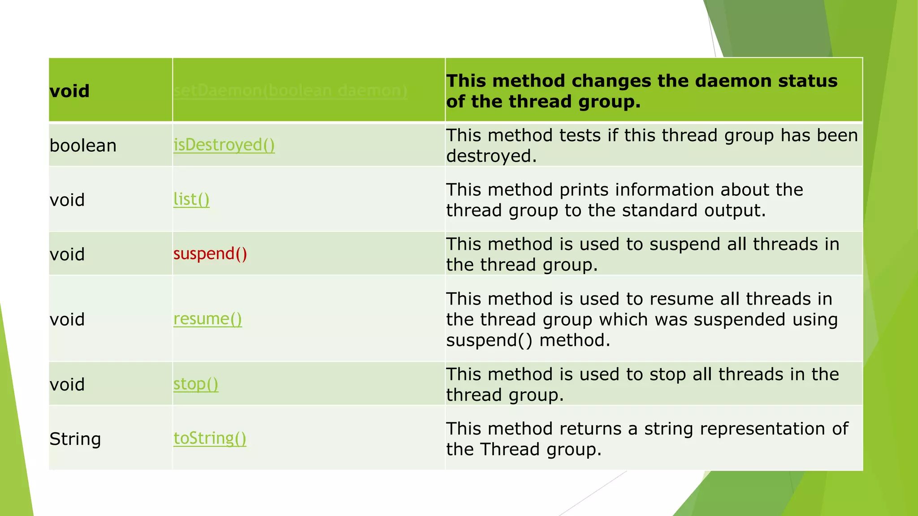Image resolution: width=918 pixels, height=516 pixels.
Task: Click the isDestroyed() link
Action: [224, 145]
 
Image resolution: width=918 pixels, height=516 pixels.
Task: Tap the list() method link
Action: [191, 199]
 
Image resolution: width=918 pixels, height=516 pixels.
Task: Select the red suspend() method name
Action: [210, 254]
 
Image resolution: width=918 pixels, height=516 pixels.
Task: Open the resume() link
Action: [208, 319]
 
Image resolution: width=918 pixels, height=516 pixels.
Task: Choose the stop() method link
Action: [196, 384]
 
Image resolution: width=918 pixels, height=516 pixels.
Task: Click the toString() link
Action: [210, 438]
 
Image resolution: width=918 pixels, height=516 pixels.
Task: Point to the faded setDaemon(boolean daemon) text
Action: [290, 90]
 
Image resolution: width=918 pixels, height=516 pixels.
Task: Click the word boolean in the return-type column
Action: [83, 146]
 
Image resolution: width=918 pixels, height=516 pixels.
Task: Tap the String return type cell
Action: [75, 439]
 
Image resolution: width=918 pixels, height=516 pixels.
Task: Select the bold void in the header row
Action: [69, 91]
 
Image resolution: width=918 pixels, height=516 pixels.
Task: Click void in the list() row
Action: [67, 200]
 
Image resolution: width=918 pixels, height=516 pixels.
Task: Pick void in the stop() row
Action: [67, 384]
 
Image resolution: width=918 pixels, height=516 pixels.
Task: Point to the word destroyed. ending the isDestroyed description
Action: [491, 156]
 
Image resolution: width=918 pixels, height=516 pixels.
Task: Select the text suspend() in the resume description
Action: [489, 340]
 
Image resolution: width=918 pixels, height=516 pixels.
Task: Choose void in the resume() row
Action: [67, 319]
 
